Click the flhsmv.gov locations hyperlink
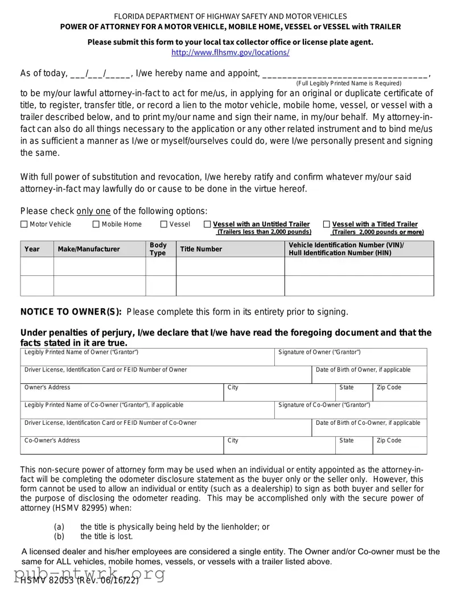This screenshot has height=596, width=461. [230, 52]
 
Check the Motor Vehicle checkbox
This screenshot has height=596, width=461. [24, 225]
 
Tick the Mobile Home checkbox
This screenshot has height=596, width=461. [96, 225]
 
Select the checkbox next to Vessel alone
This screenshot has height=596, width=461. [164, 225]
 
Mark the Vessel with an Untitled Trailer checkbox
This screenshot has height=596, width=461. [207, 225]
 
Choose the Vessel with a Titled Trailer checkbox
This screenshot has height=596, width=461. [327, 225]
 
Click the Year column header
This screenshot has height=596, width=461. [32, 249]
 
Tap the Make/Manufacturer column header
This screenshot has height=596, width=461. [89, 249]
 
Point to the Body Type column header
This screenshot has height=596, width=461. [158, 249]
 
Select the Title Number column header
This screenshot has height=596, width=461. [201, 249]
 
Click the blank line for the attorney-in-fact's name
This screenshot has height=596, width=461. [345, 73]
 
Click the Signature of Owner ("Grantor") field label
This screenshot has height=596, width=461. [319, 353]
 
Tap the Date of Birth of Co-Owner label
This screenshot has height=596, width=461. [368, 423]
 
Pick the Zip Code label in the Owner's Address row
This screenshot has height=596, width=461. [389, 387]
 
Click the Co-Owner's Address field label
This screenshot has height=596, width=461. [52, 440]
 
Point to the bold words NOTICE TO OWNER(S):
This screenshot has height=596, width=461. [71, 312]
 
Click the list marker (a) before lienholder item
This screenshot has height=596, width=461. [59, 527]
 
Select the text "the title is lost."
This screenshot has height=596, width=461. [106, 536]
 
